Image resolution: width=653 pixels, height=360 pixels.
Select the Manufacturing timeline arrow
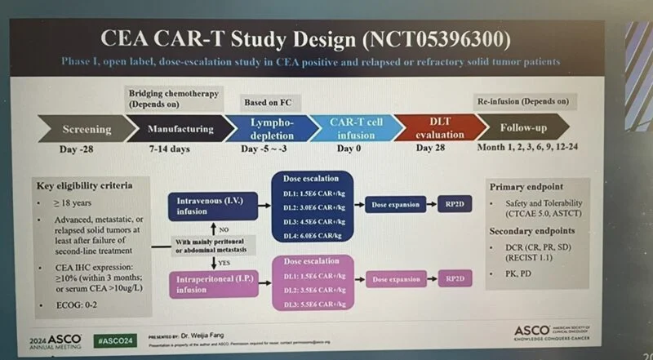[180, 129]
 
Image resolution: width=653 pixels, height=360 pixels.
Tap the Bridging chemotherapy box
[173, 99]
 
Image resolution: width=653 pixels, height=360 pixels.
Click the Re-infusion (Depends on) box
[522, 101]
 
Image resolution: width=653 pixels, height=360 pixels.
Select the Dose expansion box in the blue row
[396, 202]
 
